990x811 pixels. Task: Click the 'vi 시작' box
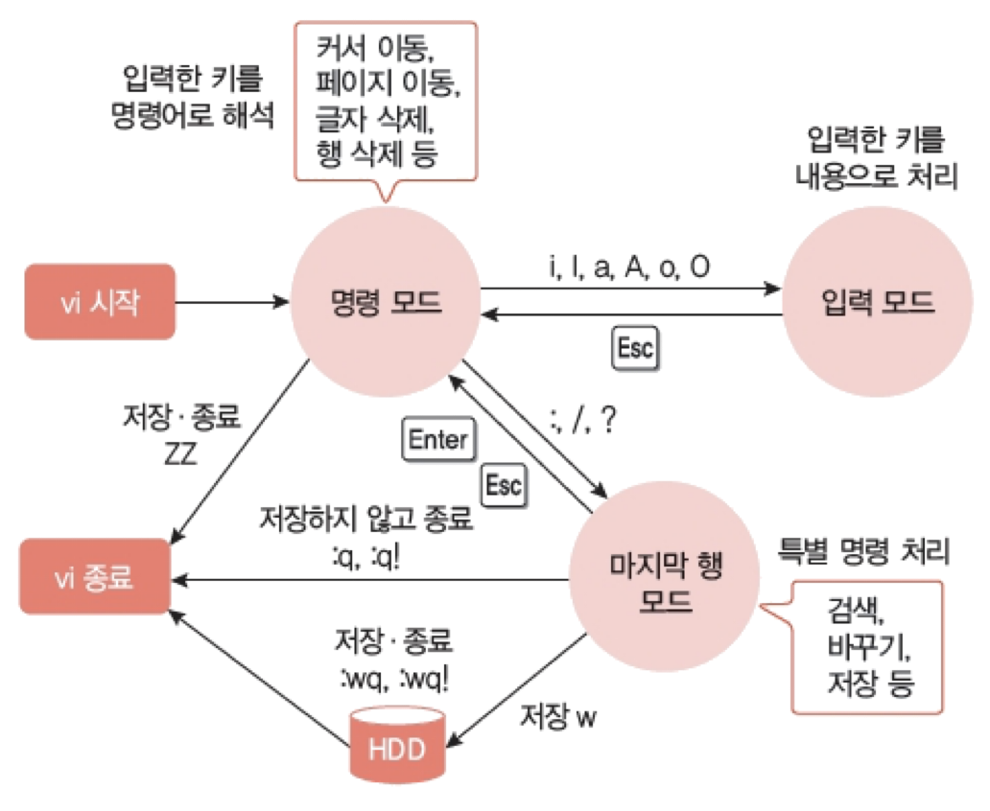coord(99,301)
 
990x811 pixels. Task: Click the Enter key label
coord(437,440)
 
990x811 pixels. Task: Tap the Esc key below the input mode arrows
coord(635,349)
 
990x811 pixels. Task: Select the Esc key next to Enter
coord(503,485)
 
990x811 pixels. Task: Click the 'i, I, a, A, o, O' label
coord(630,267)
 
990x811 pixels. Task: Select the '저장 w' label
coord(557,717)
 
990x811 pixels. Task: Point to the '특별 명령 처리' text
coord(862,550)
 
